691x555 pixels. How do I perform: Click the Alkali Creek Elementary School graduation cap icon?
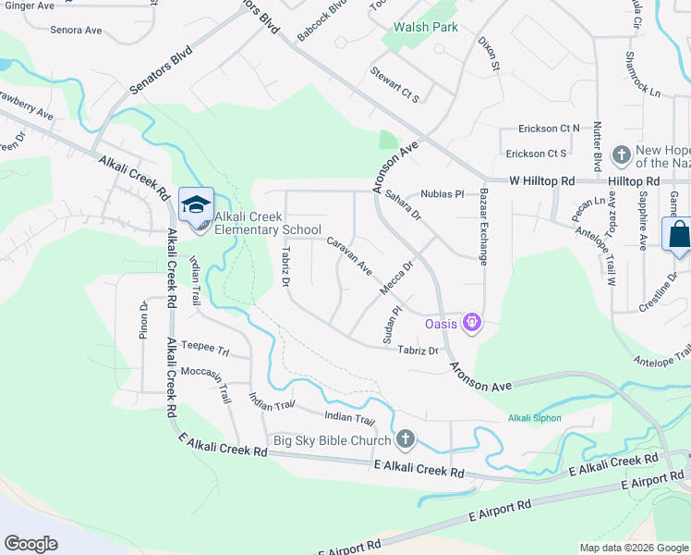196,204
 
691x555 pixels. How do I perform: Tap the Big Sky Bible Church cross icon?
404,439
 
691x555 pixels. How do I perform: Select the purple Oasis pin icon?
472,323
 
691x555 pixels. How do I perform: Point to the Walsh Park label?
426,27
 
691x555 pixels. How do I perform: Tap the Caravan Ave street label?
349,256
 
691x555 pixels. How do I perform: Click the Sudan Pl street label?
394,321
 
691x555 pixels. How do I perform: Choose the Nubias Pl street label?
442,194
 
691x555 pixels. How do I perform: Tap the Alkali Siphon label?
534,418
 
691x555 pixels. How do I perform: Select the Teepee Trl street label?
204,347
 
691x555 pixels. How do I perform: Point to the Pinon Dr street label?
144,320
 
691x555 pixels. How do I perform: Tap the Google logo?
30,544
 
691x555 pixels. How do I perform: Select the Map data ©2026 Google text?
633,548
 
